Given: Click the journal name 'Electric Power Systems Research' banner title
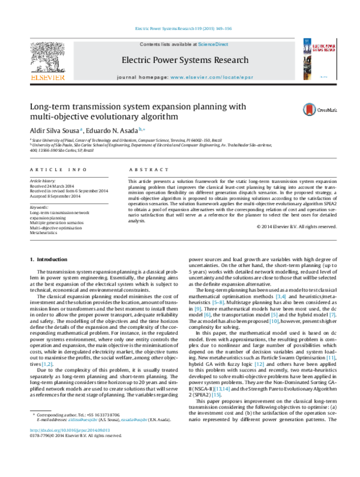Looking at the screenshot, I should pyautogui.click(x=184, y=61).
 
